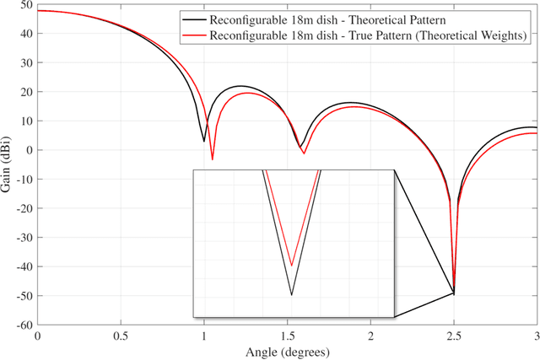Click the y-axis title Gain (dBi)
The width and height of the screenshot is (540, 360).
(8, 164)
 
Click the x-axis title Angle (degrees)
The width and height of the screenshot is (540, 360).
(287, 351)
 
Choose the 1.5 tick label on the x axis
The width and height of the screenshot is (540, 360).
(287, 336)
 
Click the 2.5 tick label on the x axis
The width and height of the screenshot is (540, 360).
(454, 336)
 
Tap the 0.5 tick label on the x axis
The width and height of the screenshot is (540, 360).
(121, 336)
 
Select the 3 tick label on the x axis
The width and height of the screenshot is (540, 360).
(536, 336)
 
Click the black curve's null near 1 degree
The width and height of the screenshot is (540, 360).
(203, 141)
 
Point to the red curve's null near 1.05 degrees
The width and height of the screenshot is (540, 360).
(213, 159)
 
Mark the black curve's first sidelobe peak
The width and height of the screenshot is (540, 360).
(240, 86)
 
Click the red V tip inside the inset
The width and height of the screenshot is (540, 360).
(291, 266)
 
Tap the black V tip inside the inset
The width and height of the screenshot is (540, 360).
(291, 294)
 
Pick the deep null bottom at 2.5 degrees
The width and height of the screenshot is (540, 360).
(454, 293)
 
